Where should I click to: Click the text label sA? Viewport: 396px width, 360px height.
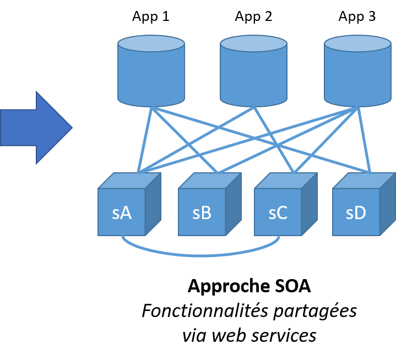(121, 213)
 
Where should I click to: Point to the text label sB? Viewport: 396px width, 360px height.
(202, 213)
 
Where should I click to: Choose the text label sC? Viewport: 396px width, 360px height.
(278, 213)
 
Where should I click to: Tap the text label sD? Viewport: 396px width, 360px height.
(356, 213)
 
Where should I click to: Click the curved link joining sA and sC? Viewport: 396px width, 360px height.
(201, 255)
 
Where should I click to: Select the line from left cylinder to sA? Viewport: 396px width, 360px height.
(144, 140)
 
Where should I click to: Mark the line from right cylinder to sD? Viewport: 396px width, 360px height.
(365, 140)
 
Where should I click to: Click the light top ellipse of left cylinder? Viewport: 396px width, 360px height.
(151, 43)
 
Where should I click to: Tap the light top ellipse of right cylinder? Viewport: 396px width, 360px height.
(357, 43)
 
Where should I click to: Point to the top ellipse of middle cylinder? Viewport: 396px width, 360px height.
(253, 43)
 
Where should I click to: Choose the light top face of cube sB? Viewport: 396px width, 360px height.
(210, 181)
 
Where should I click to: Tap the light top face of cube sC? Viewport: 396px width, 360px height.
(286, 181)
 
